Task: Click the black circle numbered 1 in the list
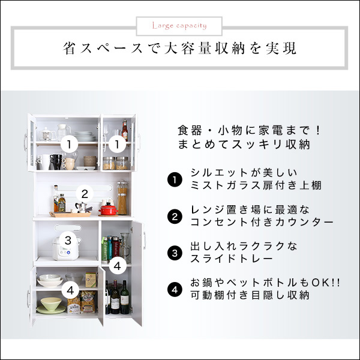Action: click(174, 179)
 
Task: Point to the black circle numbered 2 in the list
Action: click(174, 216)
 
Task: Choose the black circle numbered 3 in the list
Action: click(174, 253)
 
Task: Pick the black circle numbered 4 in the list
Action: click(174, 289)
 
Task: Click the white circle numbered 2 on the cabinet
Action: click(85, 194)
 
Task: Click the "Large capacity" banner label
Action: click(179, 26)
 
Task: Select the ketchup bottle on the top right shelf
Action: click(125, 130)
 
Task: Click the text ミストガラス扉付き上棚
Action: click(255, 185)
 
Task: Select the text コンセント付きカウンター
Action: click(261, 222)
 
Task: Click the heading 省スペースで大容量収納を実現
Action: click(179, 48)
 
